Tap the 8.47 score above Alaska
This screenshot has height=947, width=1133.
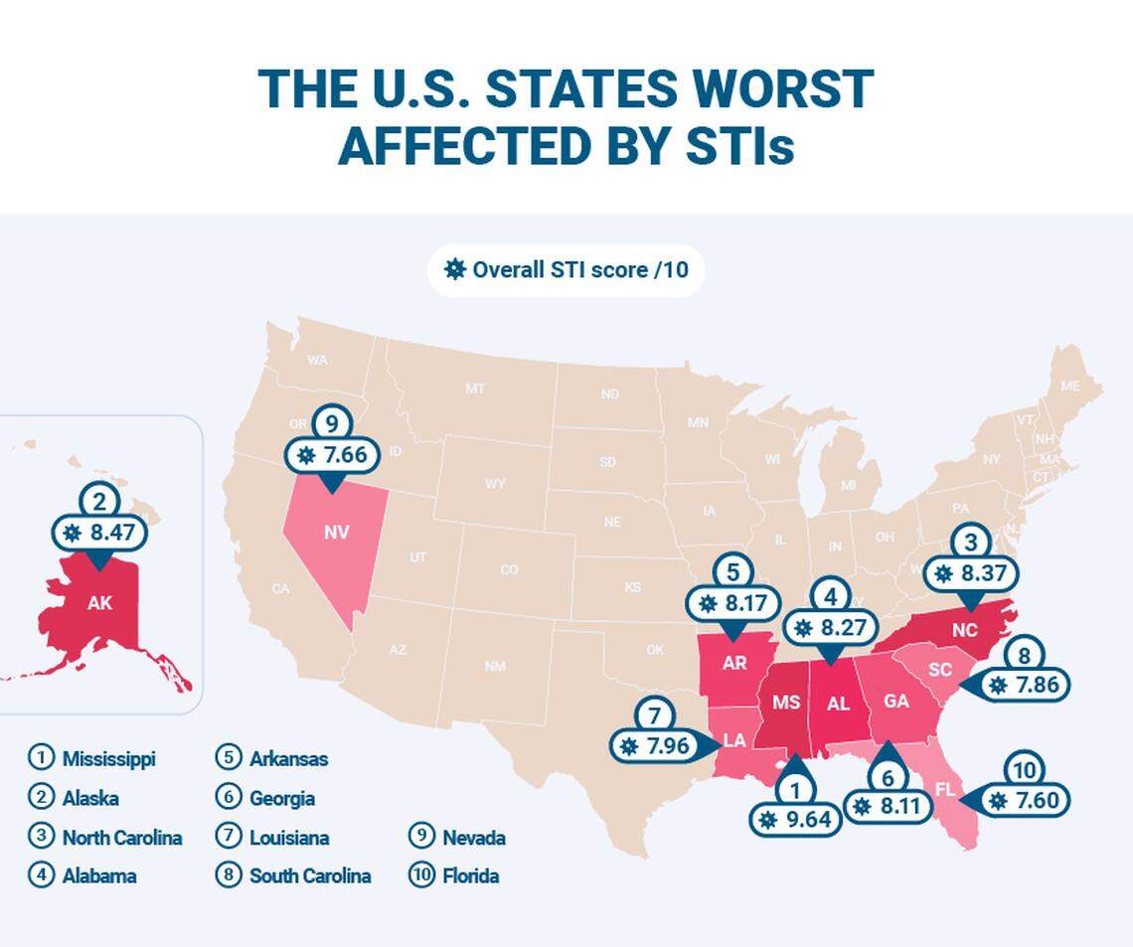click(98, 533)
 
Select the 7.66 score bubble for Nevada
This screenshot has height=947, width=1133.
click(331, 456)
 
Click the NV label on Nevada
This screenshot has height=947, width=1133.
click(336, 532)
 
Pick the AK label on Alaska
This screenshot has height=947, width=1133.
click(99, 602)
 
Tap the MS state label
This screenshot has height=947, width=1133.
click(786, 703)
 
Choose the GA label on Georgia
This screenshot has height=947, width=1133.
click(896, 701)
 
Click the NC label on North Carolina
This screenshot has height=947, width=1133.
click(964, 630)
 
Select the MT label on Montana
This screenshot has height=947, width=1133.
click(475, 389)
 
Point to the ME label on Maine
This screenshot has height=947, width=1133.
click(1069, 386)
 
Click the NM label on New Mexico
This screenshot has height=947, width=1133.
click(495, 666)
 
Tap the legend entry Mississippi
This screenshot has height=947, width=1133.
click(108, 759)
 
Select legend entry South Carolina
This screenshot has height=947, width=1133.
click(309, 876)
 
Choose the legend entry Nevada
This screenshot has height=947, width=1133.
click(473, 838)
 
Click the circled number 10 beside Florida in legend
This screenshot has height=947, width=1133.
click(421, 876)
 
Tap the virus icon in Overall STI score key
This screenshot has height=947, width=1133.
click(455, 269)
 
